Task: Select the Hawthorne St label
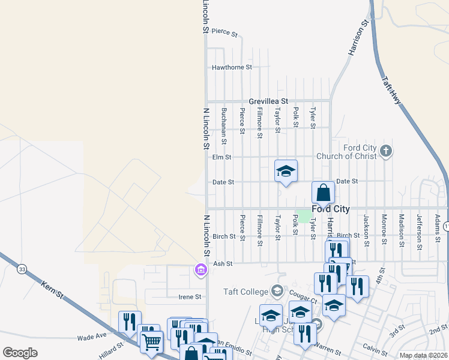click(232, 68)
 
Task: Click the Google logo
click(20, 353)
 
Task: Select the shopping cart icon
click(151, 343)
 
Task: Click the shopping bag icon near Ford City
click(323, 193)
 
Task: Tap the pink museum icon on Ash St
click(200, 271)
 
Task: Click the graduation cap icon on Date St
click(286, 171)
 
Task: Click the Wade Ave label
click(91, 338)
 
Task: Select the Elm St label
click(221, 157)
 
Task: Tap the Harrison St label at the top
click(358, 40)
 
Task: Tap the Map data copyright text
click(423, 355)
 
